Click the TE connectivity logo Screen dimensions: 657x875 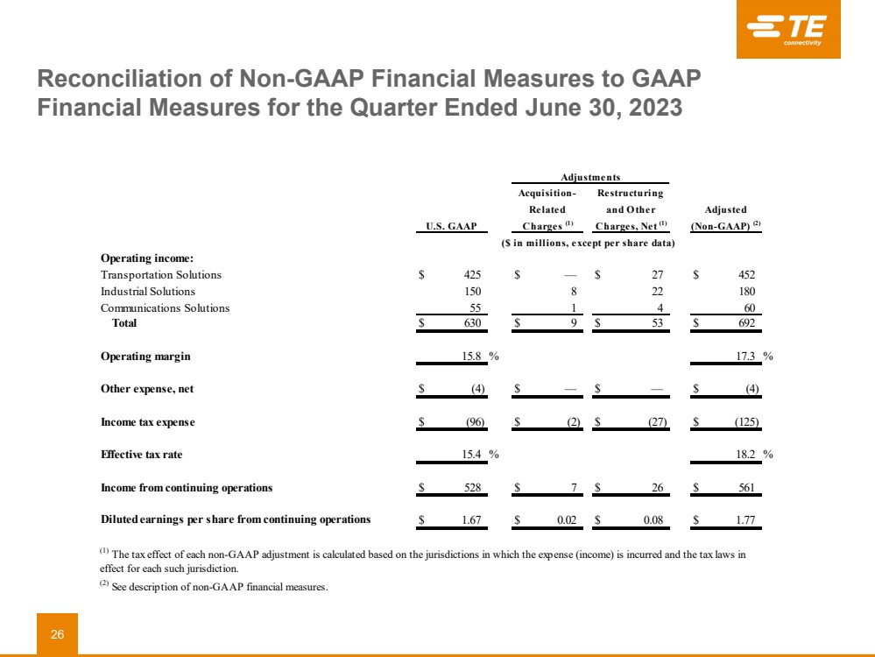[788, 30]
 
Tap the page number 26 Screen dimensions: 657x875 [57, 634]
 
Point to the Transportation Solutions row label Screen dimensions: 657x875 [161, 275]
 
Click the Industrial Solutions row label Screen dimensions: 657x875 [148, 292]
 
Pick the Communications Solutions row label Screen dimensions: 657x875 [165, 308]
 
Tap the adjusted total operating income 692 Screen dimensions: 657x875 [745, 323]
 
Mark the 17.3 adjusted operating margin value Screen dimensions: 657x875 [745, 357]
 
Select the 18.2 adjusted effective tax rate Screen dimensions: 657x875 [745, 456]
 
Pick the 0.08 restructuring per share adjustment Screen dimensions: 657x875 [652, 520]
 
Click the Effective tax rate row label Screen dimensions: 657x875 [142, 456]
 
